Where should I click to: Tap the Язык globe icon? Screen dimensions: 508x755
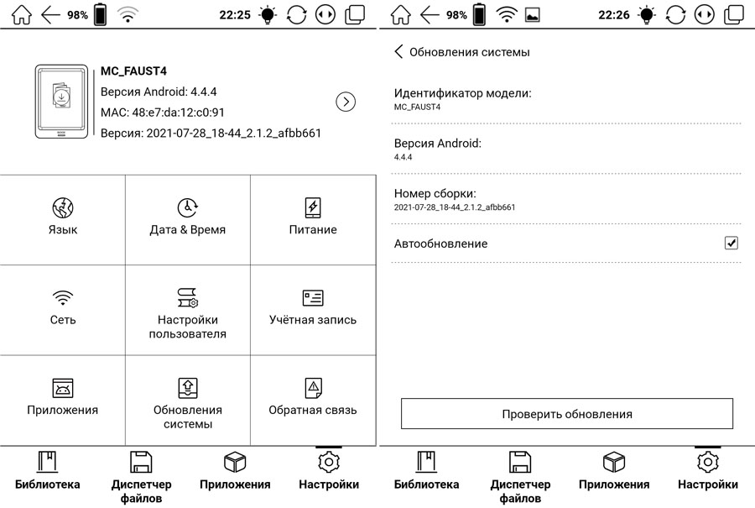pos(63,207)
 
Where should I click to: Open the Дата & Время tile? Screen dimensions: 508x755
pos(187,219)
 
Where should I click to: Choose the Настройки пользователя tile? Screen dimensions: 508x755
pos(187,311)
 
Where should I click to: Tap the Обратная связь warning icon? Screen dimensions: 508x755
pos(313,388)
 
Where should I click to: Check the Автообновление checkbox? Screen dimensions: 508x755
pos(731,243)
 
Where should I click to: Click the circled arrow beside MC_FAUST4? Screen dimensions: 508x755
pos(346,102)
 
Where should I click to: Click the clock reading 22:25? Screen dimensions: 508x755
pos(235,14)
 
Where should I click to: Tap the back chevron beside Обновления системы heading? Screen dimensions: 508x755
pos(398,52)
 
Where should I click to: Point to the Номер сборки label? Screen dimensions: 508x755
pos(435,193)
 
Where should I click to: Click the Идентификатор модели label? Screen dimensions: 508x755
pos(462,93)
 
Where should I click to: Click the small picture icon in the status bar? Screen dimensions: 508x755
pos(532,14)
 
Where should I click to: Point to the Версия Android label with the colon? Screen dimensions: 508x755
pos(437,143)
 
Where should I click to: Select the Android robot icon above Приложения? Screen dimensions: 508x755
pos(63,388)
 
